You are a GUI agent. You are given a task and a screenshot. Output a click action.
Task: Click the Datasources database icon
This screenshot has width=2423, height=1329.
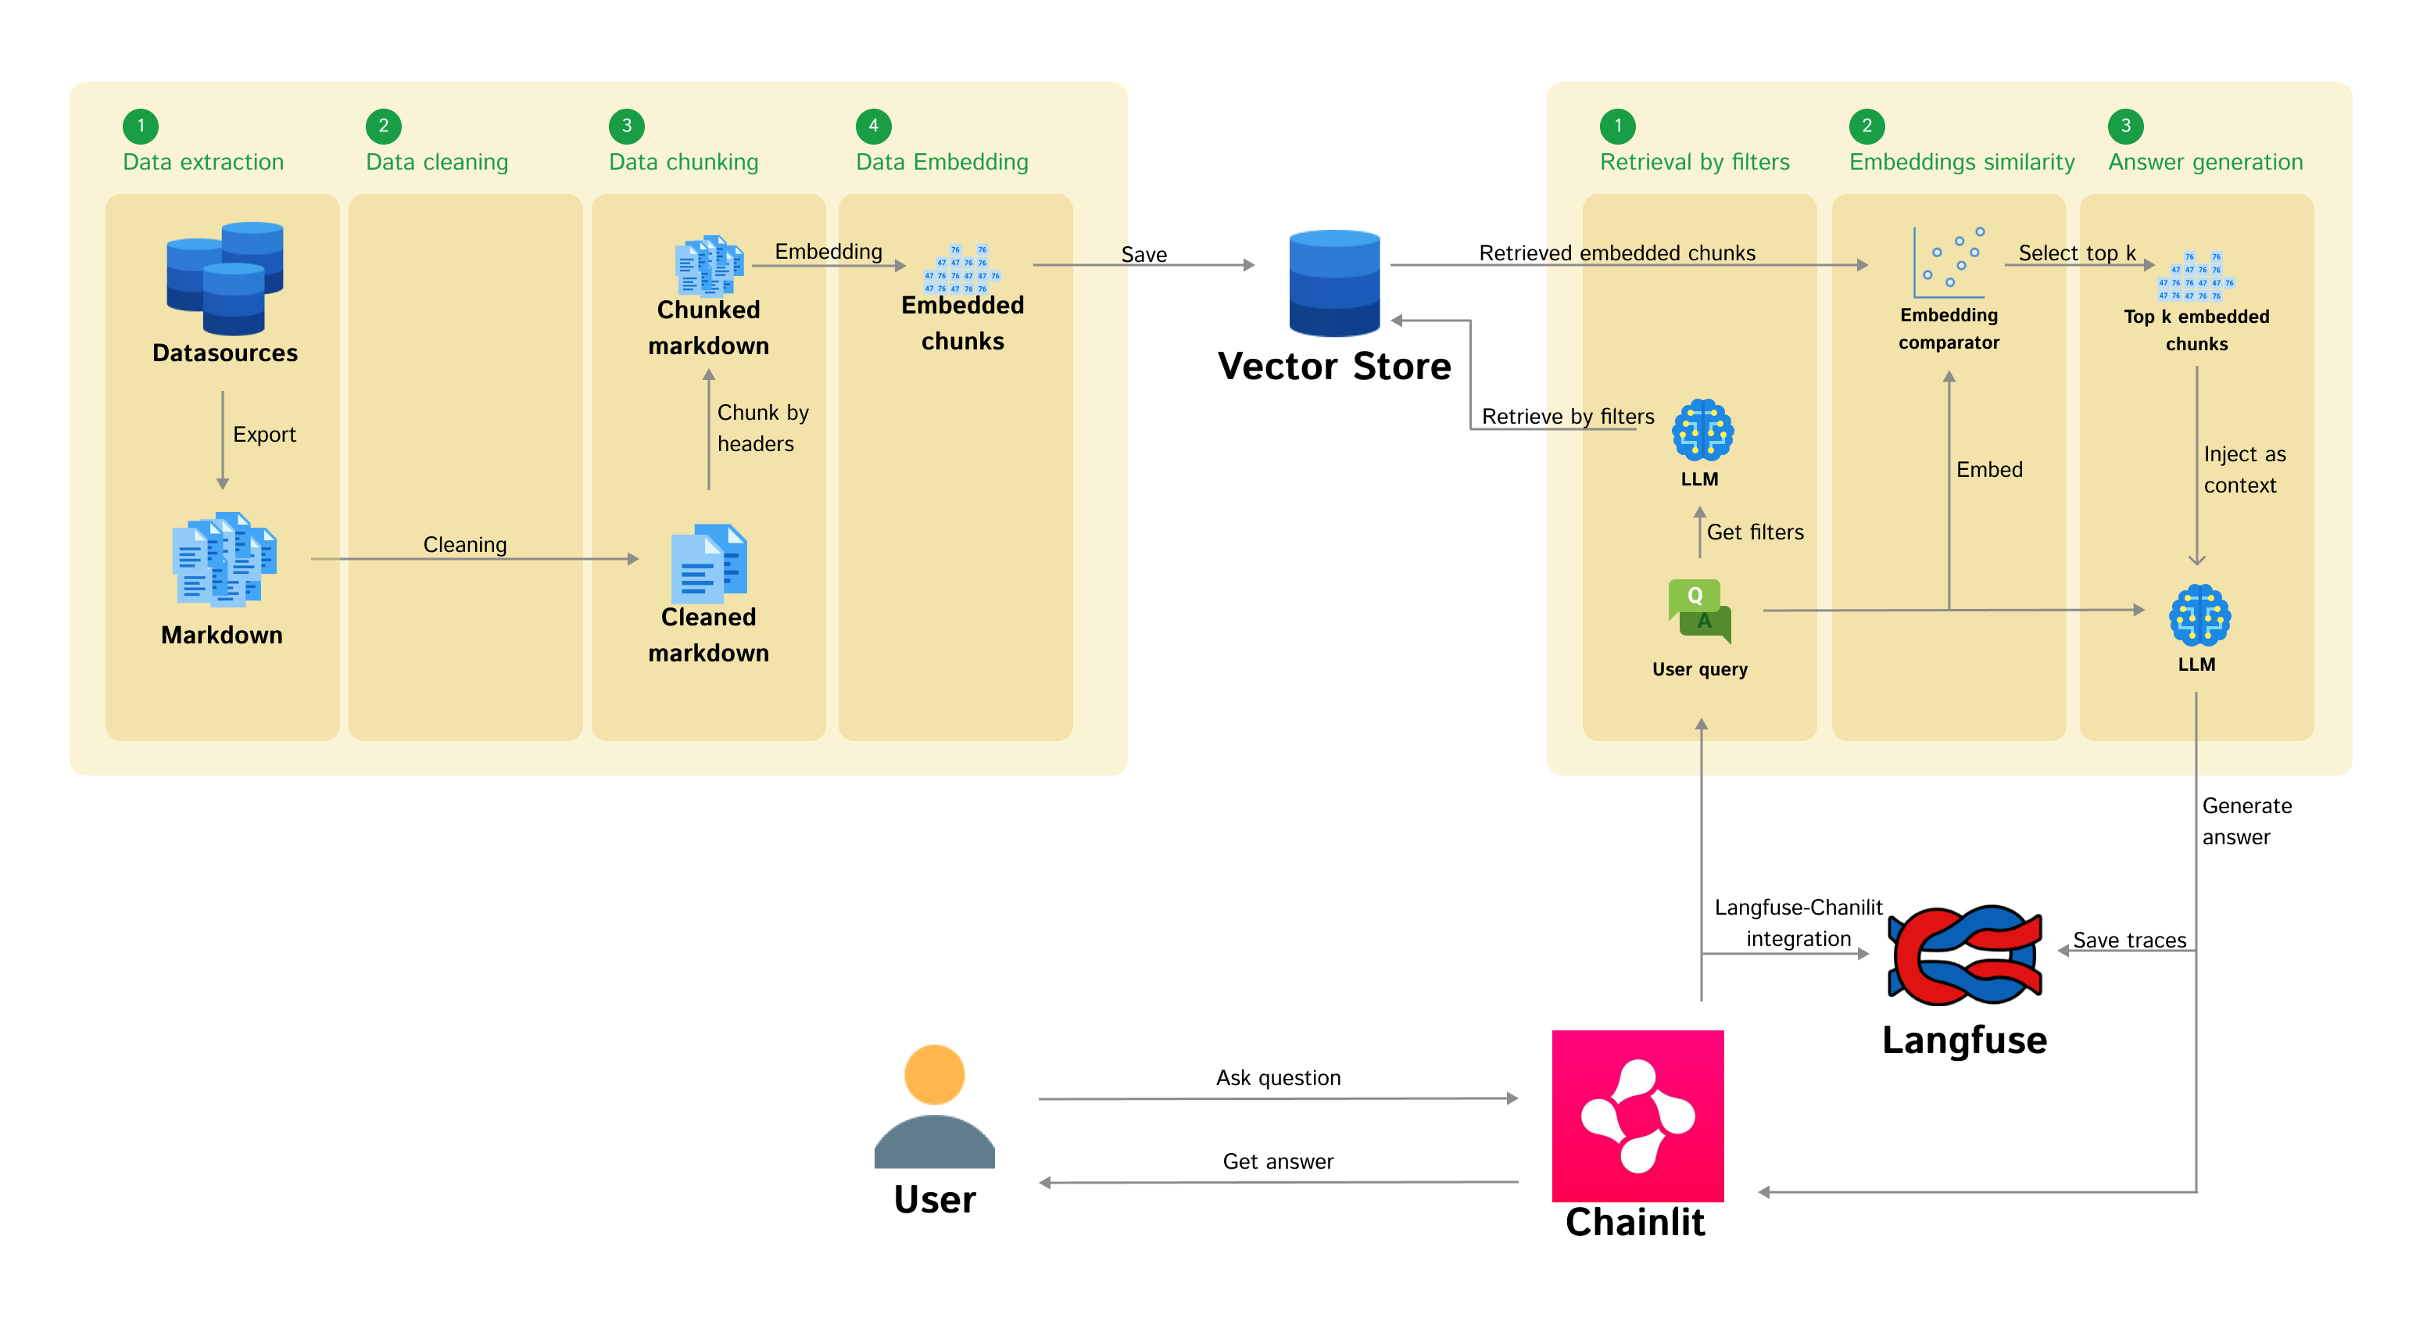coord(225,278)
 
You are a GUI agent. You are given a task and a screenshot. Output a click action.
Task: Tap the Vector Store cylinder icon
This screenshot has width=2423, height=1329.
coord(1333,282)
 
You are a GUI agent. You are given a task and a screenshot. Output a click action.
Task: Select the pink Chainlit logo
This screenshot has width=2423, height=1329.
coord(1637,1116)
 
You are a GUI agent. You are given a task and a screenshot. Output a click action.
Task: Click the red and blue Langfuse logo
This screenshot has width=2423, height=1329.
coord(1964,955)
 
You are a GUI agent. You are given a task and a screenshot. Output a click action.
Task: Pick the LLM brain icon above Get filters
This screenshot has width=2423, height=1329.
coord(1702,430)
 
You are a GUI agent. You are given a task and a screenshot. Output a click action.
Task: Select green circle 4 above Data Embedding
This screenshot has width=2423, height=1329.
coord(873,126)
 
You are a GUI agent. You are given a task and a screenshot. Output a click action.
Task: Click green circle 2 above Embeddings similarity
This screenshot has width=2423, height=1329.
coord(1866,126)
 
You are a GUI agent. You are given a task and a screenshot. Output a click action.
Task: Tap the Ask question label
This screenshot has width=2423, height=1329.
coord(1277,1078)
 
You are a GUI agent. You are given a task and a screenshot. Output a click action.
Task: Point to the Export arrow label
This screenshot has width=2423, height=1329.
coord(264,435)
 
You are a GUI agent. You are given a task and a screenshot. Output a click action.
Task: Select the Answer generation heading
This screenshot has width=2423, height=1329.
coord(2205,162)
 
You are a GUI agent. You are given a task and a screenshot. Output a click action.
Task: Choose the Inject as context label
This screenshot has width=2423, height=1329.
coord(2243,469)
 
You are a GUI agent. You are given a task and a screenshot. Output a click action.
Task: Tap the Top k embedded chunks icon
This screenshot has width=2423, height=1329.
coord(2196,276)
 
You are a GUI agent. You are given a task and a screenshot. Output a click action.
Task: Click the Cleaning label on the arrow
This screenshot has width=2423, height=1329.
coord(464,545)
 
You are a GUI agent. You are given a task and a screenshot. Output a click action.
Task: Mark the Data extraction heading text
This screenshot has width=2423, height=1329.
coord(203,162)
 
